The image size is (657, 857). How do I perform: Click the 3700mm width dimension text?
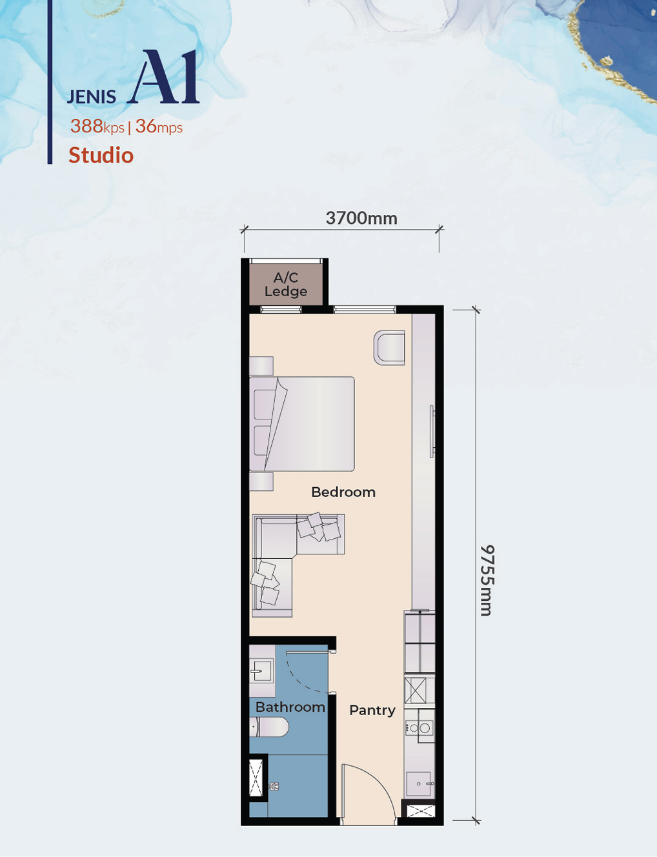coord(361,218)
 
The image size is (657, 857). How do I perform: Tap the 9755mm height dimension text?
coord(487,580)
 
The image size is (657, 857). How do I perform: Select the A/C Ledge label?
coord(285,285)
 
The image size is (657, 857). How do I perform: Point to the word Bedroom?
coord(343,492)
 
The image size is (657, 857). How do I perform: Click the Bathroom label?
coord(290,707)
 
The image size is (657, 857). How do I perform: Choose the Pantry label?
coord(372,711)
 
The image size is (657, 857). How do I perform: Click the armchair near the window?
coord(389,347)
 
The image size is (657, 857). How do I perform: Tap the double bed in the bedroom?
coord(301,424)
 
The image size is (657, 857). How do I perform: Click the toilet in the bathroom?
coord(269,727)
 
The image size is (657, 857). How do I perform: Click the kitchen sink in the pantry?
coord(420,784)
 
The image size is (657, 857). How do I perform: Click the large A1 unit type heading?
coord(165,77)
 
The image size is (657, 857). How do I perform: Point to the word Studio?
coord(101,155)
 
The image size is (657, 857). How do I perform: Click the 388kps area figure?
coord(97,126)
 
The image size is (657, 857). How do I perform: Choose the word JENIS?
coord(92,97)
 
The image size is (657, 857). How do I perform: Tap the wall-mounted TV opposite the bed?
coord(432,432)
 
